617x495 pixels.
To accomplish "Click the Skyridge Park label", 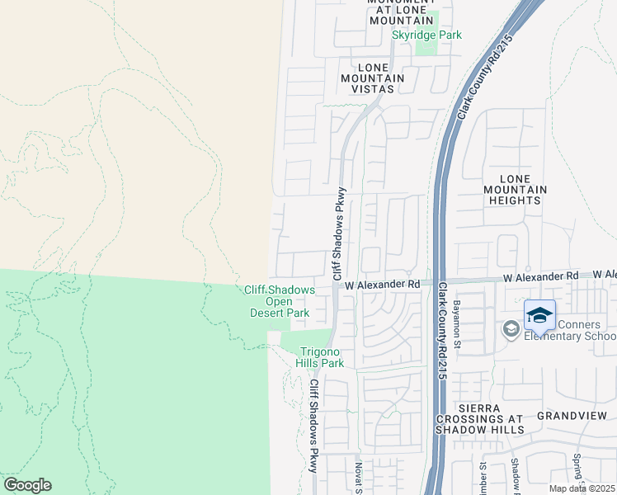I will pyautogui.click(x=426, y=35).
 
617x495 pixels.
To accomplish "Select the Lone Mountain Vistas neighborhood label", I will pyautogui.click(x=372, y=78).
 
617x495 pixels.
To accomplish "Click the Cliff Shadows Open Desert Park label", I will pyautogui.click(x=280, y=301).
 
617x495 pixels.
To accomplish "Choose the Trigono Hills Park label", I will pyautogui.click(x=320, y=356).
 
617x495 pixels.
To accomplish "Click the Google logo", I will pyautogui.click(x=27, y=485).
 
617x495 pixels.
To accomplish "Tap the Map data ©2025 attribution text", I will pyautogui.click(x=582, y=488).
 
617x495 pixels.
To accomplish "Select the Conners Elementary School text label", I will pyautogui.click(x=568, y=330).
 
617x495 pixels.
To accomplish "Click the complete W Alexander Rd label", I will pyautogui.click(x=383, y=284).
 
